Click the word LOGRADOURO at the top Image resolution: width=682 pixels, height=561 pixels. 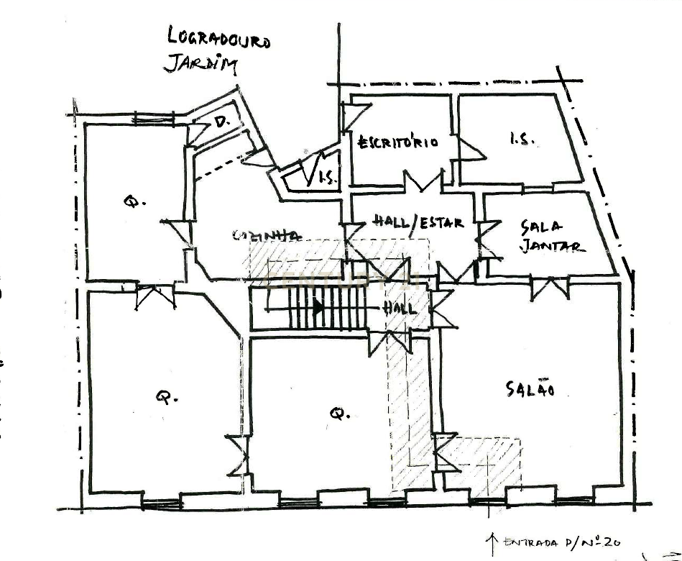[x=218, y=38]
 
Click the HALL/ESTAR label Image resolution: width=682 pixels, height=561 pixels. [x=419, y=222]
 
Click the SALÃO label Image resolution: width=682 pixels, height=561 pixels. [x=530, y=389]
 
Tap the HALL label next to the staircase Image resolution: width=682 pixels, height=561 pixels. [x=400, y=308]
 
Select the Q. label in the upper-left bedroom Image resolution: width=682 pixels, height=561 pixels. [x=130, y=202]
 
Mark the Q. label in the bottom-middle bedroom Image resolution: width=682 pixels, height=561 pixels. [x=338, y=413]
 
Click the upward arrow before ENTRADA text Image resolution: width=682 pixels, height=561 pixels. [x=492, y=539]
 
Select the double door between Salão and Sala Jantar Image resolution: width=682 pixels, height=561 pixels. [x=550, y=289]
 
